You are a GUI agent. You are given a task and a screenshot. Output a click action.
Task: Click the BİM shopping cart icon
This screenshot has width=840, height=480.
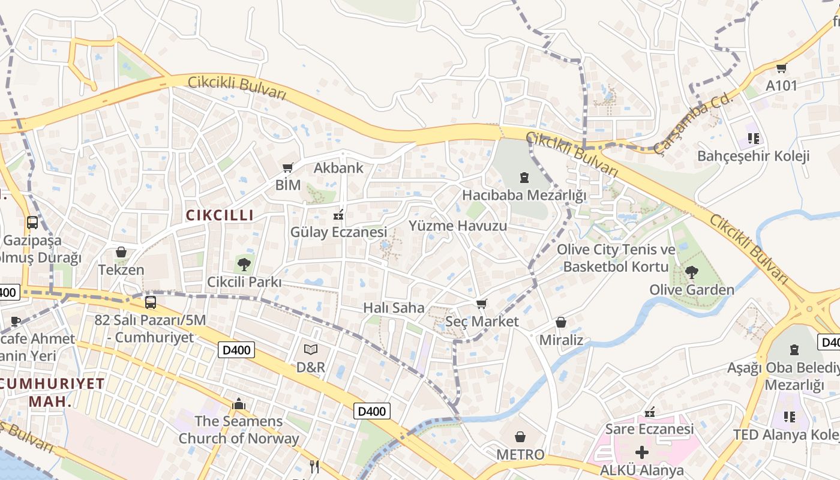click(288, 167)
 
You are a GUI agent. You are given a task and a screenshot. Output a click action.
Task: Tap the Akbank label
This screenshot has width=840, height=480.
click(338, 168)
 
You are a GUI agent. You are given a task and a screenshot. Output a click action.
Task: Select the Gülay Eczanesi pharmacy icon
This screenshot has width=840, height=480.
click(338, 214)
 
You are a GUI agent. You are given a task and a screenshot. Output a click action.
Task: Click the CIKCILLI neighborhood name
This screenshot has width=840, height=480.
click(220, 215)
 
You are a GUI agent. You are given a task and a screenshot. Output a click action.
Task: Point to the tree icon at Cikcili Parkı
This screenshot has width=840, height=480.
click(244, 263)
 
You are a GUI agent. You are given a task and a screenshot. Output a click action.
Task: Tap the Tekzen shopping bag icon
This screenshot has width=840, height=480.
click(121, 252)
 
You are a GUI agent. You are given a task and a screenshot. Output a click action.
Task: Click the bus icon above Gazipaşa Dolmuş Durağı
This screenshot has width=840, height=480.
click(32, 223)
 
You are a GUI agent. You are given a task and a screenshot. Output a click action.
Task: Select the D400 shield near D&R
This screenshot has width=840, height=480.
click(236, 350)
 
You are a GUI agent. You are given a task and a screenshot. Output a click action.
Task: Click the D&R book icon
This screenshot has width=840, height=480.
click(311, 349)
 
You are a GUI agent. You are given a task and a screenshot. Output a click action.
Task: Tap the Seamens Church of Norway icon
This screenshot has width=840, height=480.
click(239, 404)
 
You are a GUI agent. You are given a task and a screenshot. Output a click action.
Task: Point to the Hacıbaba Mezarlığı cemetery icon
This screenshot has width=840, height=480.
click(524, 178)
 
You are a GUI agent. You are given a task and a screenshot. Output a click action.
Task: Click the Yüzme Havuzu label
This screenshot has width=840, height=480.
click(458, 226)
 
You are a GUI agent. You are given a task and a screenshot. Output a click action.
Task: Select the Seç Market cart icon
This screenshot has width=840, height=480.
click(481, 304)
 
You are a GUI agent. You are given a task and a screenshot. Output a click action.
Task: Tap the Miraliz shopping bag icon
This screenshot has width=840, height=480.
click(561, 323)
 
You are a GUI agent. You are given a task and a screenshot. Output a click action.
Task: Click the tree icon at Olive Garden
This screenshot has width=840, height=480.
click(691, 272)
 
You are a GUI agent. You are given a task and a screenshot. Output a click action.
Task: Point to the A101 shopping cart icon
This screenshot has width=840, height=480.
click(781, 68)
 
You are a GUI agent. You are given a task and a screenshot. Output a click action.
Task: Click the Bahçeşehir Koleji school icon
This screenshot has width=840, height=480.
click(754, 139)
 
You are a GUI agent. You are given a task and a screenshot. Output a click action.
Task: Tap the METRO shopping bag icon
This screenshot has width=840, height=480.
click(520, 437)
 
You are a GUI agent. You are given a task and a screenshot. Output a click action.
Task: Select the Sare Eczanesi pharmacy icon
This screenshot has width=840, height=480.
click(649, 412)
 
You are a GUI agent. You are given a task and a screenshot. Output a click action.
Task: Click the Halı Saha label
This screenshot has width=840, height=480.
click(394, 308)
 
